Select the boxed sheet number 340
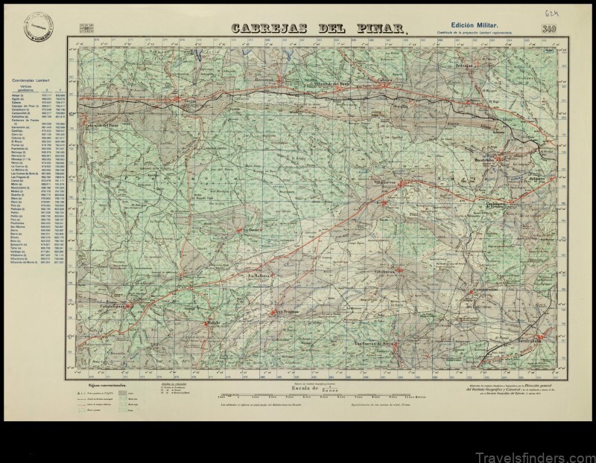click(551, 29)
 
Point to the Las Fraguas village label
click(286, 311)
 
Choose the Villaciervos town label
click(387, 181)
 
